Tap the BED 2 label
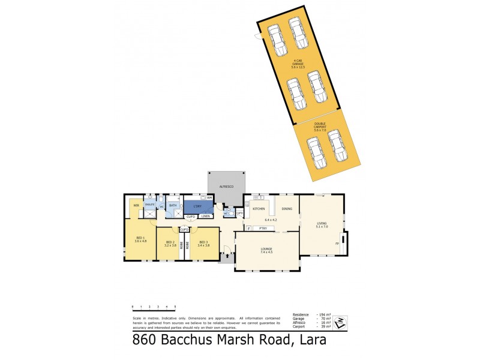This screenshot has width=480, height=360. point(170,242)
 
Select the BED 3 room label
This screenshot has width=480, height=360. point(203,242)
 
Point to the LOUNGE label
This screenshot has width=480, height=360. point(266,250)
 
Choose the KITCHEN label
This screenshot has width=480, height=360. point(259,209)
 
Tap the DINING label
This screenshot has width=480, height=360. point(287,209)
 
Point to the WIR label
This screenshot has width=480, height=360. point(136,206)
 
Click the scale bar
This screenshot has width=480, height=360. point(154,307)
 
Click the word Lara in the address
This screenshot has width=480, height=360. point(310,341)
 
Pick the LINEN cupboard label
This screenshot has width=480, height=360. point(205,216)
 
